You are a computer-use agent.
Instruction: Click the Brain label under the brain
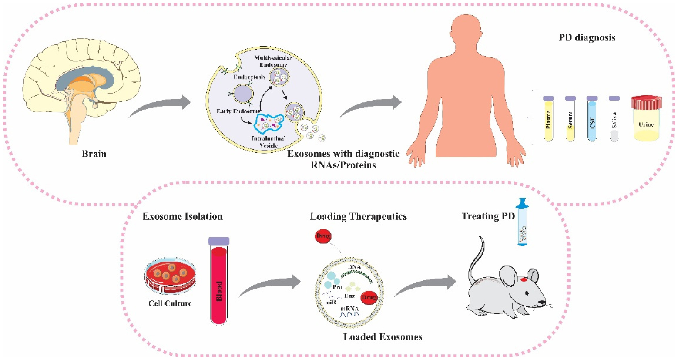tap(94, 154)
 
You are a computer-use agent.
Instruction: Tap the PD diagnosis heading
tap(587, 37)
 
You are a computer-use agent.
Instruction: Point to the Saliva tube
tap(614, 120)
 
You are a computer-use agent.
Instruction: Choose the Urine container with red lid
tap(646, 119)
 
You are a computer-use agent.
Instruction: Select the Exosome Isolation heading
tap(182, 216)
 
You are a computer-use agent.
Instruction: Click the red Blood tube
tap(219, 285)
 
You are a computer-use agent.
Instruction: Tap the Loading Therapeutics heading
tap(358, 216)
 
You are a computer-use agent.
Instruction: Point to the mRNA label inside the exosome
tap(350, 309)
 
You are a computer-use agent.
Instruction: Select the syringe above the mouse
tap(522, 222)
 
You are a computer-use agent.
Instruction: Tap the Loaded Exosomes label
tap(383, 337)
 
